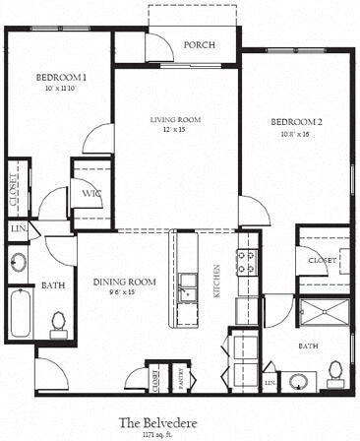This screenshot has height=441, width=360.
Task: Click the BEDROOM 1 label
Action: click(x=62, y=77)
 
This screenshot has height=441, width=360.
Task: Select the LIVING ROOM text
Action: click(x=175, y=120)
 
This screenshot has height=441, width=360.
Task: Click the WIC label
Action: click(x=90, y=194)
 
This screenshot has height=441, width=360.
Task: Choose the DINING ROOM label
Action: click(x=125, y=283)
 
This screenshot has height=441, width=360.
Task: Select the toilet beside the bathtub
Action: click(x=59, y=322)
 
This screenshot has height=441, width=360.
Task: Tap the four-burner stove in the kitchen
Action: click(x=246, y=261)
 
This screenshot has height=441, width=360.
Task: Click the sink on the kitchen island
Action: click(x=186, y=291)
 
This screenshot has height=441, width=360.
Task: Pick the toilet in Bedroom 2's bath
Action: click(x=336, y=371)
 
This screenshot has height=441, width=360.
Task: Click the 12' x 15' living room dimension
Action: click(x=175, y=130)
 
